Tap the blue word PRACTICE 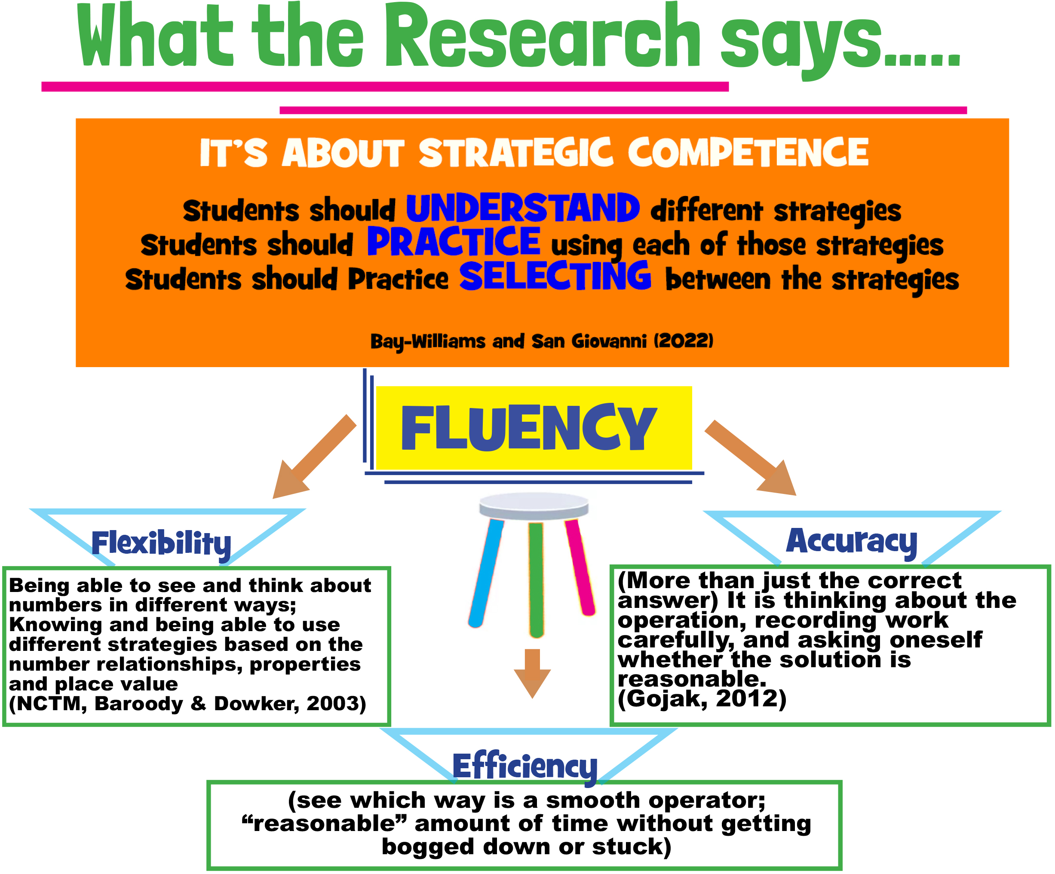coord(454,242)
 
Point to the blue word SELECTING coord(555,276)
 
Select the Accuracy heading coord(851,542)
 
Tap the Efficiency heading coord(524,767)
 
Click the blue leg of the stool coord(486,573)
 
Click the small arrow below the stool coord(533,673)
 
